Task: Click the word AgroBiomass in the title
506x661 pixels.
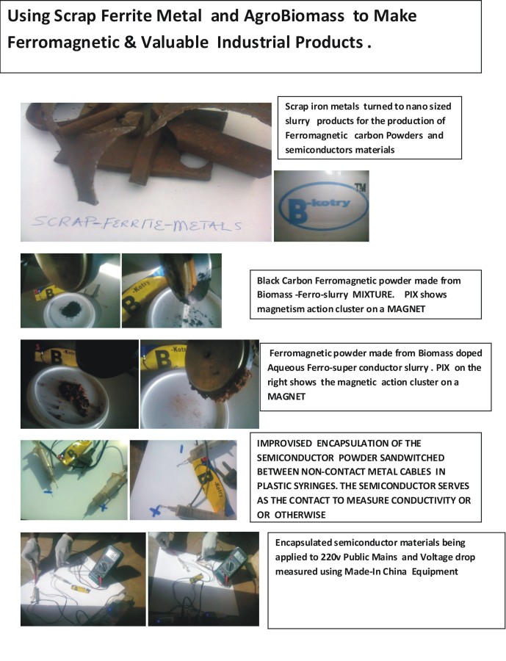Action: click(x=294, y=16)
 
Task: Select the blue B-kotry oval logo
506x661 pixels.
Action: click(x=322, y=206)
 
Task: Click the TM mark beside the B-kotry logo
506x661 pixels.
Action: click(x=360, y=187)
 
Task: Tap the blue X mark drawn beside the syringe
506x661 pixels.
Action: click(x=155, y=511)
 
